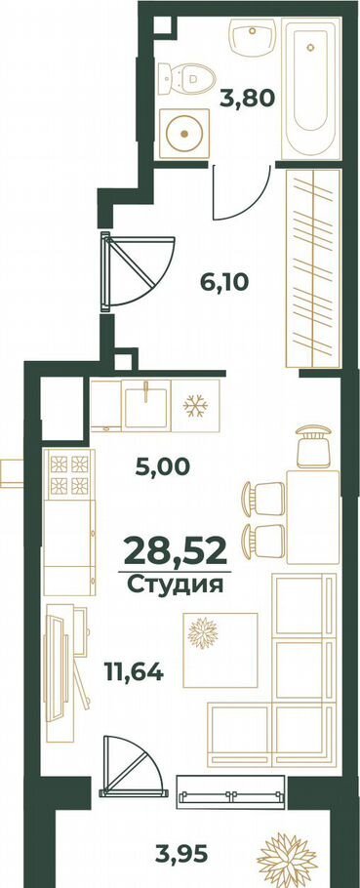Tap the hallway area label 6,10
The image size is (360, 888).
224,281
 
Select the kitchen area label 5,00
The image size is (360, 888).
163,466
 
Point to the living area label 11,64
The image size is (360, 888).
134,671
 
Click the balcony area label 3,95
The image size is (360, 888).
182,851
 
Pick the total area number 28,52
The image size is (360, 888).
175,551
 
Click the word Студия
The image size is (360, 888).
175,585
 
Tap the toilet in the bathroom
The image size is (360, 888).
186,78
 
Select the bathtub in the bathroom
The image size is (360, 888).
311,89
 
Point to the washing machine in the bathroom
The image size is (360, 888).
184,133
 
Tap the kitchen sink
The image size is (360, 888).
146,405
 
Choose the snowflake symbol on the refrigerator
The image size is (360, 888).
195,406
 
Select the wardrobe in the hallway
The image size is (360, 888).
313,268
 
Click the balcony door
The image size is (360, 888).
133,765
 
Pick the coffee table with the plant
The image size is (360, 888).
220,650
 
